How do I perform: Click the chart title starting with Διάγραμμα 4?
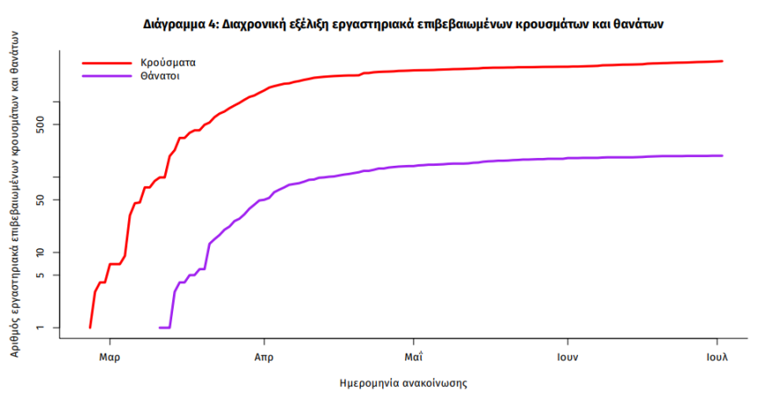pyautogui.click(x=403, y=25)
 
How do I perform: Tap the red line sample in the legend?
pyautogui.click(x=106, y=63)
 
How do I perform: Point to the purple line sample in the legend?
pyautogui.click(x=106, y=76)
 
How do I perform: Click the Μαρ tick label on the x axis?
pyautogui.click(x=110, y=358)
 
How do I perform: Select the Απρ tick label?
pyautogui.click(x=264, y=358)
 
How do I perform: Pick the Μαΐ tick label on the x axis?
pyautogui.click(x=414, y=358)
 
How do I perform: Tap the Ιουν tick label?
pyautogui.click(x=567, y=358)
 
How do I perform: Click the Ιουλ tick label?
pyautogui.click(x=718, y=358)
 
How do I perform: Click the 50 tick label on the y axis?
pyautogui.click(x=49, y=200)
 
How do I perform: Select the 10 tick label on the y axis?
pyautogui.click(x=49, y=253)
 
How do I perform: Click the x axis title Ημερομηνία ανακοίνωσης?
pyautogui.click(x=402, y=383)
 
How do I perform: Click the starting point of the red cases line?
pyautogui.click(x=90, y=327)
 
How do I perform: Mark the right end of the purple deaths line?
pyautogui.click(x=722, y=156)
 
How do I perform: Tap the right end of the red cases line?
pyautogui.click(x=722, y=61)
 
